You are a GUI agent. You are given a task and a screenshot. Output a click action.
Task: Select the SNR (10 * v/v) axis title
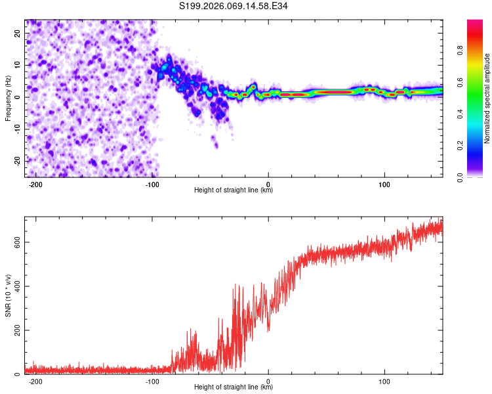[x=8, y=295]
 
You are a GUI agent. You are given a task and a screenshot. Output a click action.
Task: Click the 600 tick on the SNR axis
[x=16, y=242]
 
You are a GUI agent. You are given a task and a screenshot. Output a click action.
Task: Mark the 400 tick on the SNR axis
[x=16, y=286]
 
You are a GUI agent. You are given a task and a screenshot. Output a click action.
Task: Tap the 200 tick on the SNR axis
[x=16, y=330]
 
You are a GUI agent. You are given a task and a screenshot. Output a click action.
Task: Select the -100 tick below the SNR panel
[x=152, y=382]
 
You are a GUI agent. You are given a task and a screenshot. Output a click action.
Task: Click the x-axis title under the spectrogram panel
[x=234, y=190]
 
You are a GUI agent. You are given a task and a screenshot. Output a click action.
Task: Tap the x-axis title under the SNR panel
[x=234, y=387]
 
